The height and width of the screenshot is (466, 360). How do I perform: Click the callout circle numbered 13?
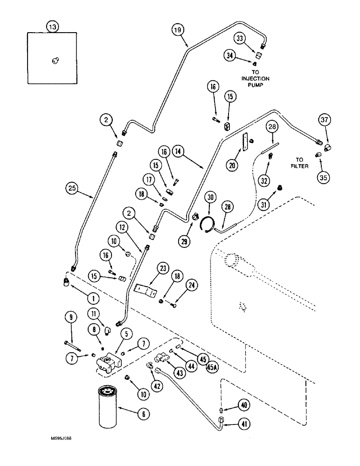tap(53, 27)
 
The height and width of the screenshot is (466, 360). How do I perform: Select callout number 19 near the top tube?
tap(177, 31)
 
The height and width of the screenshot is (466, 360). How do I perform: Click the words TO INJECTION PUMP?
tap(256, 78)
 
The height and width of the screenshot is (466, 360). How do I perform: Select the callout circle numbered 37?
tap(325, 120)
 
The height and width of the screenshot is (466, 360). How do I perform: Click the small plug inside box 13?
tap(55, 60)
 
